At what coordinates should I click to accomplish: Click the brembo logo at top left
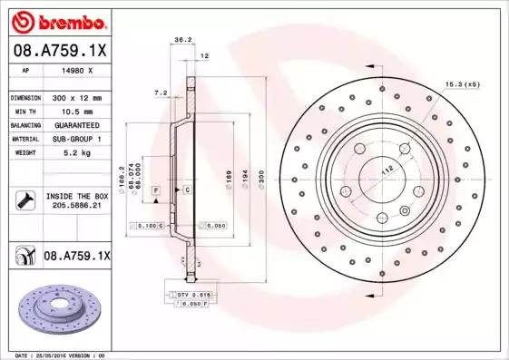click(56, 21)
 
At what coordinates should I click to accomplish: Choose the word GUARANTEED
click(77, 124)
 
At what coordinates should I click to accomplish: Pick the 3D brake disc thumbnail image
click(59, 312)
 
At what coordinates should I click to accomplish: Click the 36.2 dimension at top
click(181, 39)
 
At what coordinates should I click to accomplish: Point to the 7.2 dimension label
click(161, 92)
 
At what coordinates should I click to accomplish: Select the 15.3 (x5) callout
click(461, 84)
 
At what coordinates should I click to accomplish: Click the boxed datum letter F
click(156, 190)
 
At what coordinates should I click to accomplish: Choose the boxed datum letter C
click(186, 190)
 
